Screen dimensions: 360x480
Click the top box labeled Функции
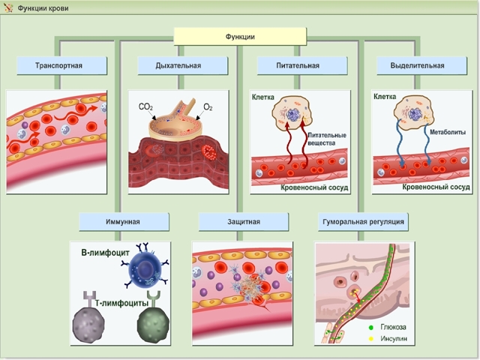click(240, 37)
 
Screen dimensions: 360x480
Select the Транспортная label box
click(58, 66)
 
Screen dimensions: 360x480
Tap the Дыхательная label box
click(178, 66)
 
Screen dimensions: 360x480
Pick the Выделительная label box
click(418, 66)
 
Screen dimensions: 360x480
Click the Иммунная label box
click(121, 222)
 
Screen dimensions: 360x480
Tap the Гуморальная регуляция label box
click(364, 222)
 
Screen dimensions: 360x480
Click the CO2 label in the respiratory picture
click(146, 108)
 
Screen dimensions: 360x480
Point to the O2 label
click(208, 108)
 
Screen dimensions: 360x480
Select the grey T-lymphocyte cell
click(92, 325)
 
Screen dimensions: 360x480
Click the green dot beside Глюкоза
click(370, 328)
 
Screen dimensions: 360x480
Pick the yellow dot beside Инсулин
click(370, 338)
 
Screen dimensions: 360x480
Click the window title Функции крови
click(38, 7)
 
